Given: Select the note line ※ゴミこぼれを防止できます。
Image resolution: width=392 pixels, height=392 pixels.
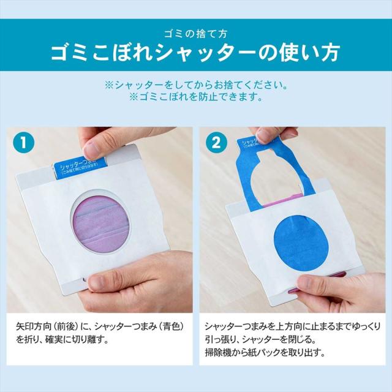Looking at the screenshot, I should pyautogui.click(x=196, y=97).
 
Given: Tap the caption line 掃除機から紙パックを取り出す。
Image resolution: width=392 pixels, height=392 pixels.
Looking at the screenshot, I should pyautogui.click(x=266, y=353).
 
